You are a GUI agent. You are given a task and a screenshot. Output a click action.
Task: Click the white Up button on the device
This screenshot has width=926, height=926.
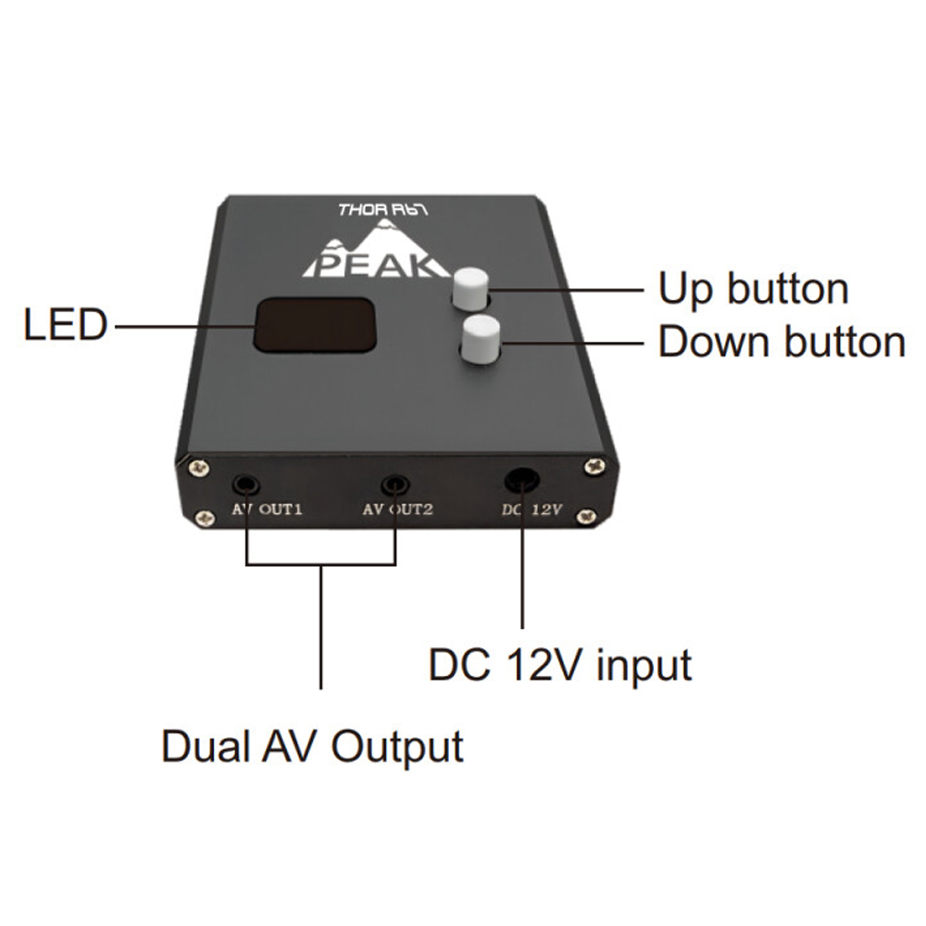(x=469, y=288)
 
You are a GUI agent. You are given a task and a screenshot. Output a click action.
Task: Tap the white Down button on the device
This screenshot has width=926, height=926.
(x=480, y=337)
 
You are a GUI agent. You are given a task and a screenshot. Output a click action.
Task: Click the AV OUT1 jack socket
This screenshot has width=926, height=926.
(x=246, y=483)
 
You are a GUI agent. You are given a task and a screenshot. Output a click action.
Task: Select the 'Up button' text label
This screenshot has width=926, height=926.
(x=753, y=289)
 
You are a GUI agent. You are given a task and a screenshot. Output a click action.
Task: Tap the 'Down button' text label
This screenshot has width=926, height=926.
(x=781, y=342)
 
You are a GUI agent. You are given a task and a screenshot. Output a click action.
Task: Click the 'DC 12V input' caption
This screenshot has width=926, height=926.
(x=560, y=665)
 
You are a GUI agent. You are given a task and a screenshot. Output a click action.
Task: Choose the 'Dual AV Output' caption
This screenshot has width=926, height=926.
(x=312, y=745)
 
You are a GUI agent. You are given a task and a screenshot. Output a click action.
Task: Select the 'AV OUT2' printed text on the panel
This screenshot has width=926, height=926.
(x=397, y=509)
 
